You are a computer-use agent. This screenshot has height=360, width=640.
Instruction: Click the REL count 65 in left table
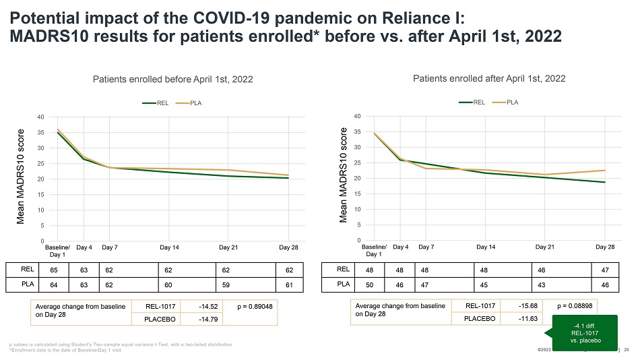(44, 269)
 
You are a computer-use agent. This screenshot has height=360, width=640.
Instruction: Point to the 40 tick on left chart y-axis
(41, 117)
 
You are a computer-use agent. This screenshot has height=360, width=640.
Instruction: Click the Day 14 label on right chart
(486, 247)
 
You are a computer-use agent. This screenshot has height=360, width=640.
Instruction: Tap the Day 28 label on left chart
(288, 247)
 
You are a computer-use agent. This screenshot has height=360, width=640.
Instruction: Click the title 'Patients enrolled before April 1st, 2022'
(172, 80)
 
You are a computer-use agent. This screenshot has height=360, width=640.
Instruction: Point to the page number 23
(627, 349)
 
